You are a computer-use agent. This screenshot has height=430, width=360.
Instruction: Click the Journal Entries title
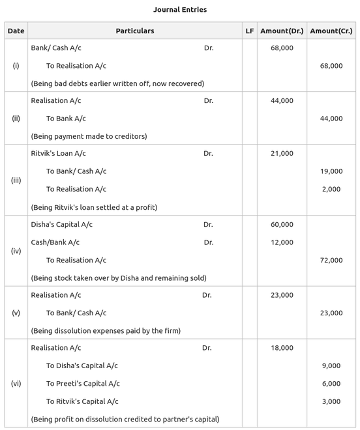coord(179,10)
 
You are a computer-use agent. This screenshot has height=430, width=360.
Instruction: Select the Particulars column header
coord(135,31)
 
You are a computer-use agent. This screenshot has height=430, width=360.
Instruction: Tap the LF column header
coord(250,31)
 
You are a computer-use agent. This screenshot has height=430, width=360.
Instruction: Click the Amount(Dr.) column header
coord(282,31)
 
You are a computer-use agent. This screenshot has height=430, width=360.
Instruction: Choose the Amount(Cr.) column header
coord(331,31)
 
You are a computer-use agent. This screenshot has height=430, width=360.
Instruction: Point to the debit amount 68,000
coord(282,48)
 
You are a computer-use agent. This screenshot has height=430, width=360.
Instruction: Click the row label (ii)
coord(16,119)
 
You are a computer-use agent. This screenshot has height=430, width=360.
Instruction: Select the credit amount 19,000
coord(331,171)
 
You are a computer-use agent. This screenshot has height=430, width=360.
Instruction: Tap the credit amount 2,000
coord(331,189)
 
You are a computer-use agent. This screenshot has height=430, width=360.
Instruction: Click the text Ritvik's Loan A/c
coord(59,154)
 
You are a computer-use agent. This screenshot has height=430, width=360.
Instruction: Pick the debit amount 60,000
coord(282,225)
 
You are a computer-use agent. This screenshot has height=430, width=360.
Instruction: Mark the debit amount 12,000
coord(282,242)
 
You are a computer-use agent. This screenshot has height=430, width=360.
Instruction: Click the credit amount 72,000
coord(331,260)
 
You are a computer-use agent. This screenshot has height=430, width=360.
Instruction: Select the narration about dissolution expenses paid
coord(106,331)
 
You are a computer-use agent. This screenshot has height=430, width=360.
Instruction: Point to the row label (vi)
coord(16,383)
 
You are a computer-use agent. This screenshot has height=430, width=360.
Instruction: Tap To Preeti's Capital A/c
coord(83,384)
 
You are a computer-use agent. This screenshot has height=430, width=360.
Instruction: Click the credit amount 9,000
coord(331,366)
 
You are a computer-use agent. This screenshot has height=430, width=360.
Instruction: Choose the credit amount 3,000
coord(331,401)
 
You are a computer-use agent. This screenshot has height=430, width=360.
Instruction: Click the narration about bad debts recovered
coord(117,83)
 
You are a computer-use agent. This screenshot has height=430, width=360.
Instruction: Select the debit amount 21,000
coord(282,154)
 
